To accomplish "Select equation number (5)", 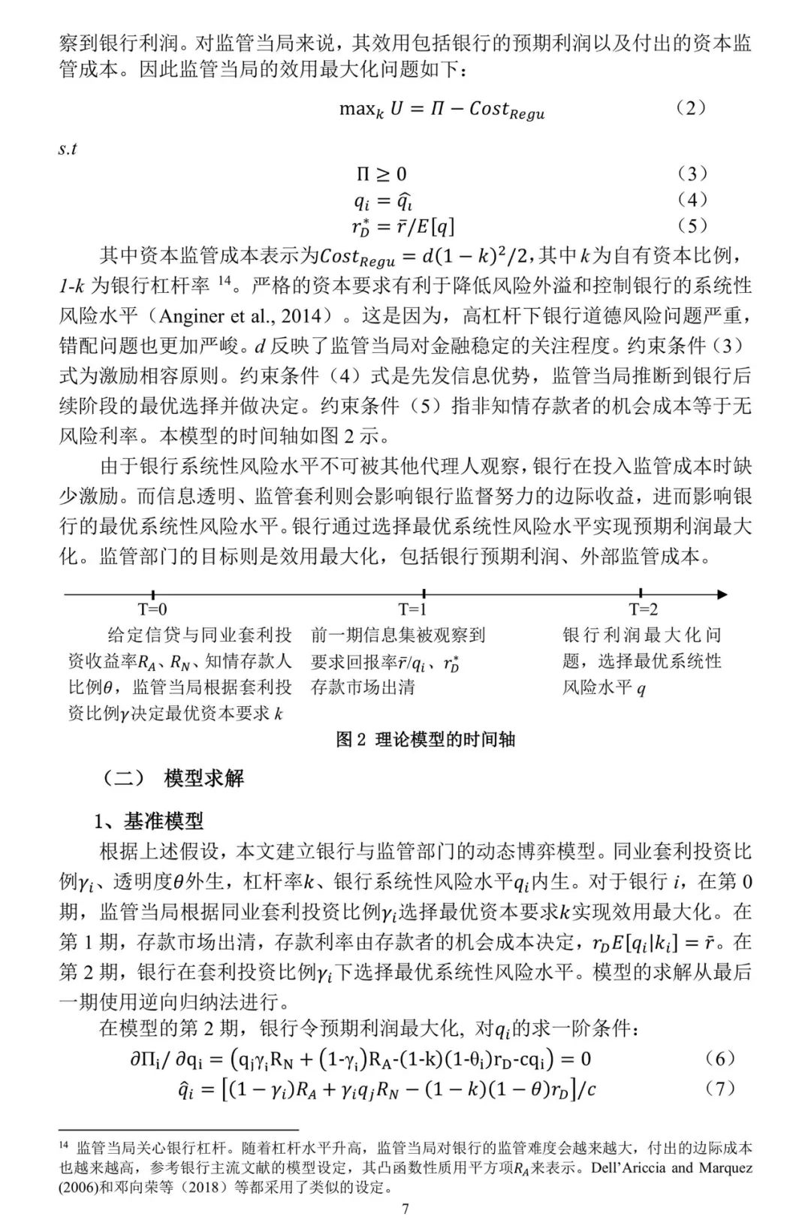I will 692,225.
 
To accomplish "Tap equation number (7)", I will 720,1088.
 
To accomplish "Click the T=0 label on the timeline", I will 152,609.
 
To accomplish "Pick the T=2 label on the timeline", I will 644,609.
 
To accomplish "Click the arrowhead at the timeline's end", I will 723,594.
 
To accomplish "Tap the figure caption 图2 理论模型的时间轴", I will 426,739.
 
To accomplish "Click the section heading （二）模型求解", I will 172,778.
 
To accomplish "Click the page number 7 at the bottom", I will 405,1209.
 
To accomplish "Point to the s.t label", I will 68,149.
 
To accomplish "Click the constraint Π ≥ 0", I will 381,174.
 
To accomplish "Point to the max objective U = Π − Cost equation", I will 442,109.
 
